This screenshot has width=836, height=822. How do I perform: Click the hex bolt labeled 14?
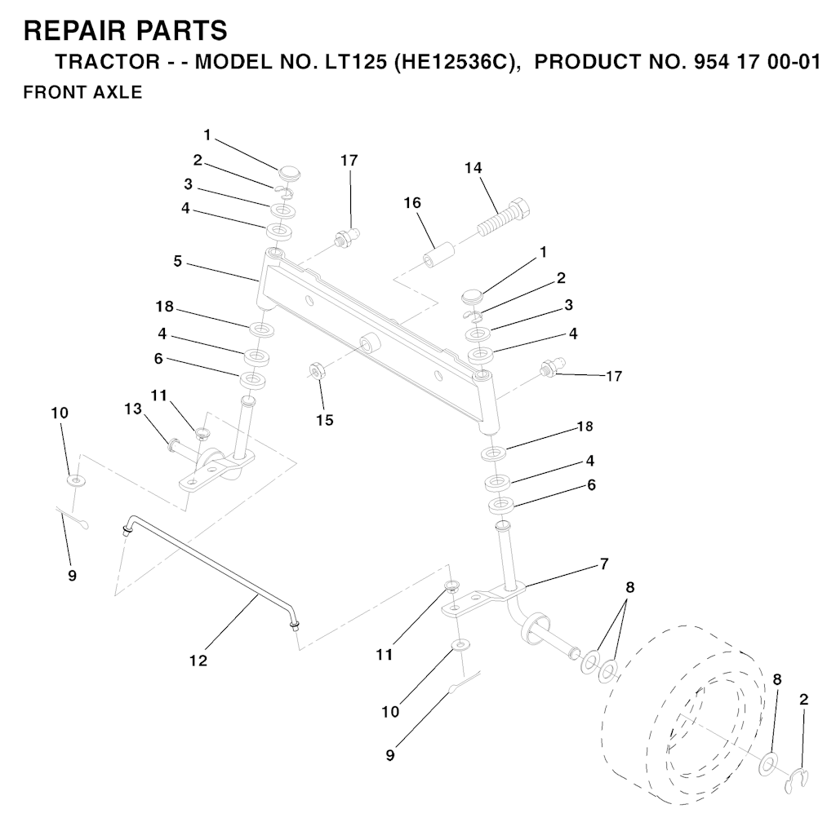(x=504, y=217)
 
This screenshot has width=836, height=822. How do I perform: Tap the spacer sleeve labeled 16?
(x=438, y=254)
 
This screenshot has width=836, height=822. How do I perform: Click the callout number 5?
(x=177, y=262)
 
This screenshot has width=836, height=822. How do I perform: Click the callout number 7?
(x=603, y=563)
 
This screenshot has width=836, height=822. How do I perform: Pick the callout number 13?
(x=133, y=409)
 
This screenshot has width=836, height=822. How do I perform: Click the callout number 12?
(x=198, y=661)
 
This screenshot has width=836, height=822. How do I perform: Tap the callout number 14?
(x=473, y=168)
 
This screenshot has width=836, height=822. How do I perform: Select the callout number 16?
(x=412, y=203)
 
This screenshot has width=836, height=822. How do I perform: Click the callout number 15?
(x=324, y=420)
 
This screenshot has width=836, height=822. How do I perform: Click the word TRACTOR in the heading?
(x=108, y=62)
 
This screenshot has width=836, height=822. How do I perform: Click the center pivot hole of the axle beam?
(x=368, y=342)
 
